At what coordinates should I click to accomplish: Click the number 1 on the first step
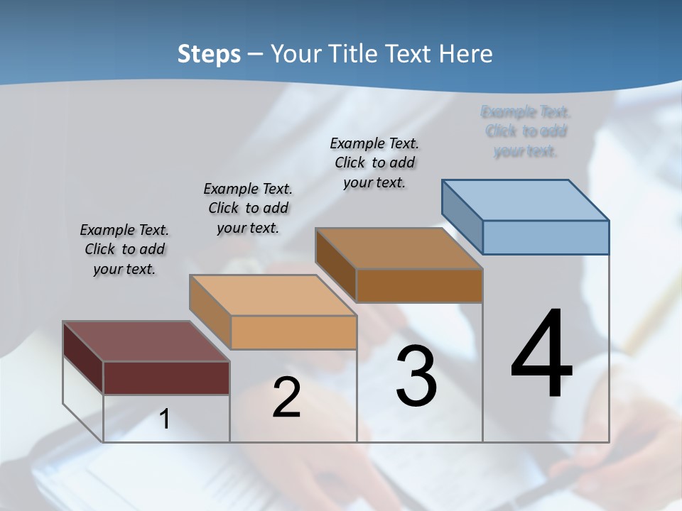pos(165,419)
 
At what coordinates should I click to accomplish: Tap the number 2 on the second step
pos(286,397)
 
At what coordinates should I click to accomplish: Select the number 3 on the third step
pos(416,376)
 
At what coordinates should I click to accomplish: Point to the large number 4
pos(541,354)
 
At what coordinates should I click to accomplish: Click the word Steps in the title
pos(209,54)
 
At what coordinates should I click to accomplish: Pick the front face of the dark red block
pos(166,378)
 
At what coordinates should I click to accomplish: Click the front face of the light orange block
pos(293,332)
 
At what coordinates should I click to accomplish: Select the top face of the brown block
pos(399,248)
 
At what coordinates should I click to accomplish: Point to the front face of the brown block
pos(419,285)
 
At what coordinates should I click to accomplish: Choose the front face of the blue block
pos(546,237)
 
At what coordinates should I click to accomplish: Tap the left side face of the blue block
pos(462,216)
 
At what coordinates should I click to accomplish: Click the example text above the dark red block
pos(124,250)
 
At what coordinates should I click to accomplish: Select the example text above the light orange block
pos(248,209)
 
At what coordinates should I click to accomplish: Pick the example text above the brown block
pos(374,163)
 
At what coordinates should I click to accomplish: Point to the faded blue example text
pos(526,131)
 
